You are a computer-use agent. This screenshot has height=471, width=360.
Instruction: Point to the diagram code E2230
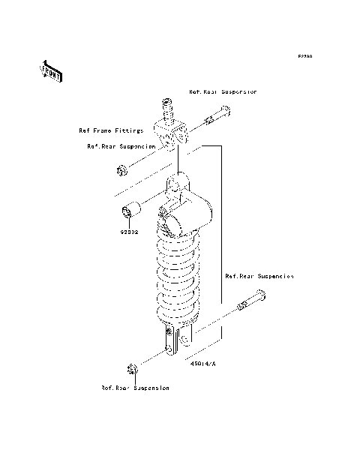tap(304, 55)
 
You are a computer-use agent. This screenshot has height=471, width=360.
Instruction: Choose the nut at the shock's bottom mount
tap(132, 370)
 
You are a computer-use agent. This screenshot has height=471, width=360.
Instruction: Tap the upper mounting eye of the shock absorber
tap(180, 184)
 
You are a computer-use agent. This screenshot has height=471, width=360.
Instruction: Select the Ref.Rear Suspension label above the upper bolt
tap(223, 91)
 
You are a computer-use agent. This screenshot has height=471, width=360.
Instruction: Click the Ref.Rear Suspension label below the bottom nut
tap(135, 388)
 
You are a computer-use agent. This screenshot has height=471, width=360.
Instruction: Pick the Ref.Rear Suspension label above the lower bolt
tap(259, 276)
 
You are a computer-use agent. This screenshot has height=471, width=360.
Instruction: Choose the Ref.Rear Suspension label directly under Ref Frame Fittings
tap(121, 146)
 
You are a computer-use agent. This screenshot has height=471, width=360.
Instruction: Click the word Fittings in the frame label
tap(127, 130)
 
